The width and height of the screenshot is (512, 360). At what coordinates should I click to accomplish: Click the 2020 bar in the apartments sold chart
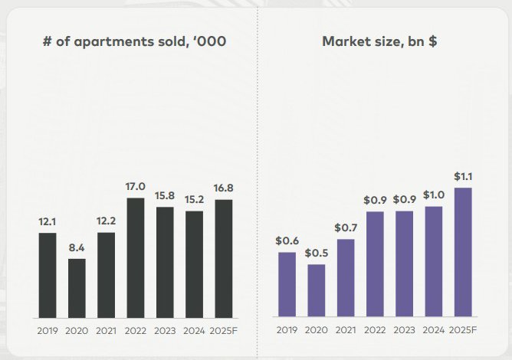[77, 288]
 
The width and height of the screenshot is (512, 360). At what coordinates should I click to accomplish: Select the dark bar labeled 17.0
[136, 257]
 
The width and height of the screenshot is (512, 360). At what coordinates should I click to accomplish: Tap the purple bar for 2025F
[464, 252]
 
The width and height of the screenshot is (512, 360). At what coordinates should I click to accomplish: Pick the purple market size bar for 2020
[316, 290]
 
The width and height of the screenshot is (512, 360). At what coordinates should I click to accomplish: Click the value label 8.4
[77, 247]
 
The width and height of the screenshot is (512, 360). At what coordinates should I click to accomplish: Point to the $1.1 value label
[464, 177]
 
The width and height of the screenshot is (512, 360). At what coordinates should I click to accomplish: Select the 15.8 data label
[165, 196]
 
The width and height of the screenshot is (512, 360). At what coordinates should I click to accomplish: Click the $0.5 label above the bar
[316, 254]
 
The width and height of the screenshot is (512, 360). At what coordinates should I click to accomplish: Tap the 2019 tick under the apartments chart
[47, 331]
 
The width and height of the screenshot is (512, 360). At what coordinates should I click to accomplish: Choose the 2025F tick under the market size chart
[464, 331]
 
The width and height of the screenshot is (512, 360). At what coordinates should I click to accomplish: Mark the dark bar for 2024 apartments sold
[195, 263]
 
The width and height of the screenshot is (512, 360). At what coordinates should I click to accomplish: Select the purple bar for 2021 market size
[346, 278]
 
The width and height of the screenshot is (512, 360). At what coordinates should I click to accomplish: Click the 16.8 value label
[224, 188]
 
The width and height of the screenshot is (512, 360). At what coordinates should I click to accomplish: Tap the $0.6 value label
[287, 241]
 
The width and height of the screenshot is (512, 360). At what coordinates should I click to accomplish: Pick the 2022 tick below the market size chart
[375, 331]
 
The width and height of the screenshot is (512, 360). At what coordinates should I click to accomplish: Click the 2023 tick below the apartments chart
[165, 331]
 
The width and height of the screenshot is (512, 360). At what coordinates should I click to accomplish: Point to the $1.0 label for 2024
[435, 195]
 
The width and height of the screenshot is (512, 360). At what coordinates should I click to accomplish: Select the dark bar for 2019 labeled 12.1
[47, 275]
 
